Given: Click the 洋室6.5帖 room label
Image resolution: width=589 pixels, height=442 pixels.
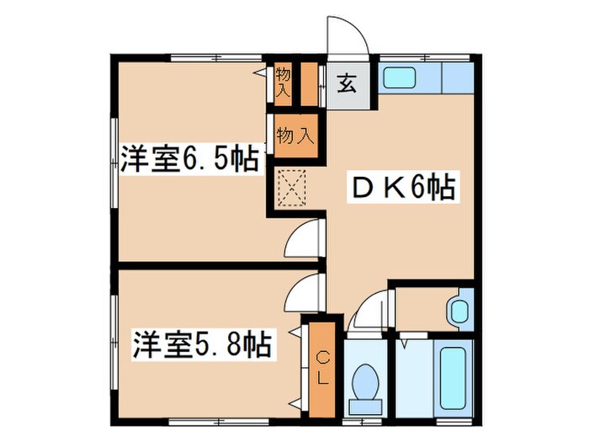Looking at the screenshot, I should (x=188, y=160).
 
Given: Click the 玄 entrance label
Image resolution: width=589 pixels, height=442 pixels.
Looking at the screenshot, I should (x=347, y=83).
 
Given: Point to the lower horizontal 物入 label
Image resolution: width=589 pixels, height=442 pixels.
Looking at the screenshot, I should (x=295, y=134).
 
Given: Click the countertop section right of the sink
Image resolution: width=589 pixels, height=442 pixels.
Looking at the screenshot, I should (x=456, y=78).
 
